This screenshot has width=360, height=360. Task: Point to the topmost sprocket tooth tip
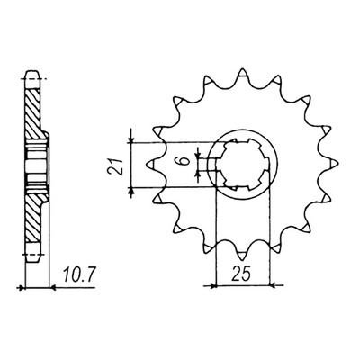tap(242, 70)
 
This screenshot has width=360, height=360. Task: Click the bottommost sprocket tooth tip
tap(242, 258)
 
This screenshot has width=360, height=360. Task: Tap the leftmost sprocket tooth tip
tap(149, 164)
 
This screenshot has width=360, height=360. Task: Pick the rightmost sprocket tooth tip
tap(337, 164)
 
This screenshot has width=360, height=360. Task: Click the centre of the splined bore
tap(244, 165)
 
